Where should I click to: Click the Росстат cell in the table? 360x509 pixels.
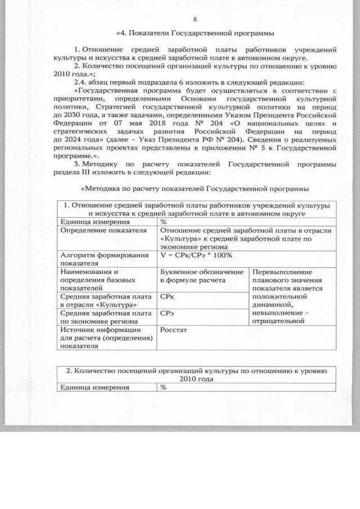[173, 330]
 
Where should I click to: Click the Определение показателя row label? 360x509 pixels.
[99, 231]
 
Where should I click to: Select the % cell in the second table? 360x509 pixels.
[164, 388]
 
